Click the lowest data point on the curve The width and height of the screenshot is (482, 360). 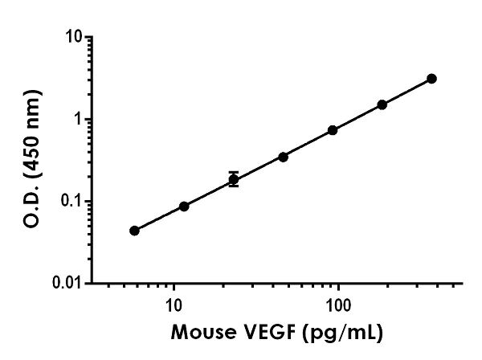point(134,231)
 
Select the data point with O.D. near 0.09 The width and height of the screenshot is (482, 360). point(184,207)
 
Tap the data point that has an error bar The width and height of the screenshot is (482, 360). point(234,180)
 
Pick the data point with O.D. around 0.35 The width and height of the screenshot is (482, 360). point(283,157)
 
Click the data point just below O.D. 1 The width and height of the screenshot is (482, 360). point(333,130)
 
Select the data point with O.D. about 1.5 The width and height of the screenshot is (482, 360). point(382,104)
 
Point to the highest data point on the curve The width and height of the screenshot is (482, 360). point(432,78)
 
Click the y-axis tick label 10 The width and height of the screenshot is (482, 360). point(75,38)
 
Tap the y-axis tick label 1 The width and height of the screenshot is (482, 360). point(80,120)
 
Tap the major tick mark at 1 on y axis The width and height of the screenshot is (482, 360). point(90,119)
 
